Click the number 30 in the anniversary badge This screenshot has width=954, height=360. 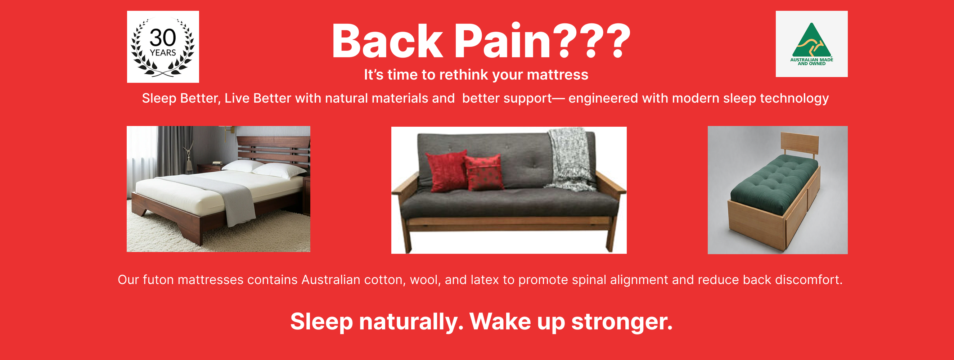163,37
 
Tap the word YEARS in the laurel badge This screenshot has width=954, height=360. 163,53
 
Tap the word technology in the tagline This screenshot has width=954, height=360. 795,99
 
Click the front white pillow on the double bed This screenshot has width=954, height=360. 279,171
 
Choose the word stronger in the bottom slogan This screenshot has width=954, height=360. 622,322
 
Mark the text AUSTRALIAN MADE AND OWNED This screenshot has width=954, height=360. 811,62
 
